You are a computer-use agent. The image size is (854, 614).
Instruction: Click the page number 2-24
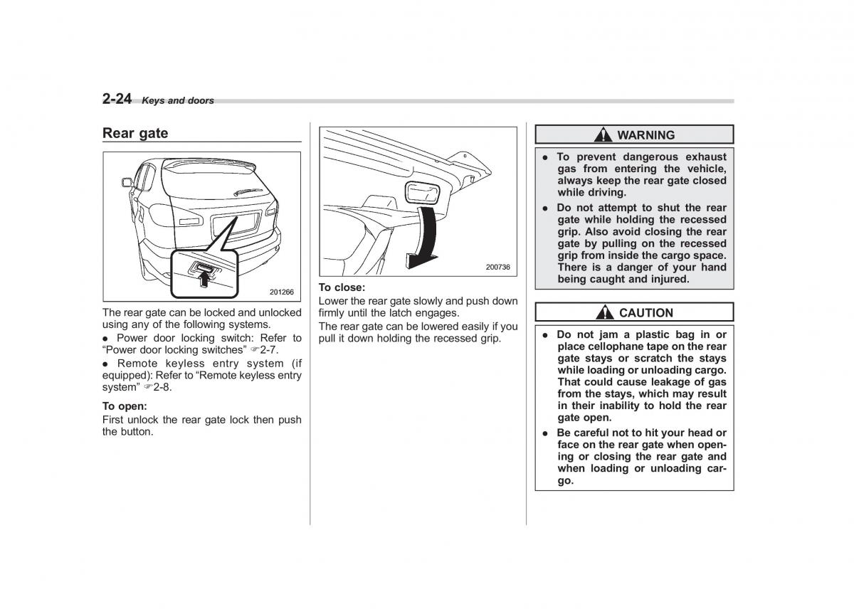117,99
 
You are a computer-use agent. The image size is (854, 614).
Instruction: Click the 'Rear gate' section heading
135,133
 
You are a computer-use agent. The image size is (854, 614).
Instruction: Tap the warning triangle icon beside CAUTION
606,313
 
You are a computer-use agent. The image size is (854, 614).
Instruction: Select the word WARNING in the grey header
645,135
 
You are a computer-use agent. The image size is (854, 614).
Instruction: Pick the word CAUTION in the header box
645,313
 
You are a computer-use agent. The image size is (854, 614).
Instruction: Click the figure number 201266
281,292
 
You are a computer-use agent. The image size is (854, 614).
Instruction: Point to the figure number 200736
497,268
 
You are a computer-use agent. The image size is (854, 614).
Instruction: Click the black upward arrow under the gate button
205,280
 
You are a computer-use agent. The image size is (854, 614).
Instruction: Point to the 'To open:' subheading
125,406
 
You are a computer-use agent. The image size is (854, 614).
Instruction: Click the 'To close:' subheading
342,287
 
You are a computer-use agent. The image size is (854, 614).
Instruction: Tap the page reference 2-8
162,387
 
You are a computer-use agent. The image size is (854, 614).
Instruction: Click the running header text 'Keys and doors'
178,101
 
